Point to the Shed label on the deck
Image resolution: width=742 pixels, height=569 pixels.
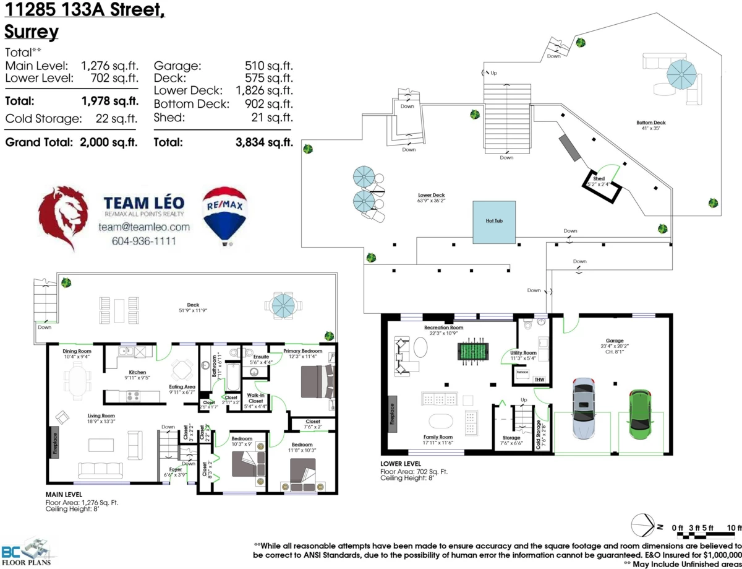point(599,179)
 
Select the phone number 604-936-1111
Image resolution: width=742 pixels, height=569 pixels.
point(143,240)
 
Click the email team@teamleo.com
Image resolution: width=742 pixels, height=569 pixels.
point(143,227)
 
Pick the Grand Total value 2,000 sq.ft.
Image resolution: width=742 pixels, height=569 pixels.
point(109,142)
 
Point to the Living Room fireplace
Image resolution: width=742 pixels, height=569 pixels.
point(54,443)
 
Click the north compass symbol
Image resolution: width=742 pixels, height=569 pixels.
point(642,526)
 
